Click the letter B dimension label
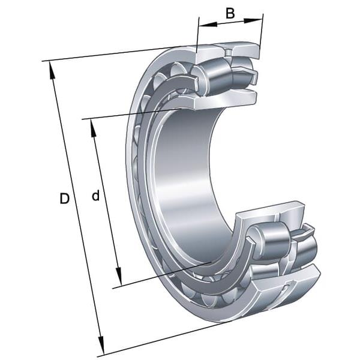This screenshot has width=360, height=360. point(230,13)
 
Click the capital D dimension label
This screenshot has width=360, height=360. point(65,199)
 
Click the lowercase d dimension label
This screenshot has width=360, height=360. point(96,196)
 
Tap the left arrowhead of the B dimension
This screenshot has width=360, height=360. point(208,25)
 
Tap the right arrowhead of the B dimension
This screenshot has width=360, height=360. point(253,20)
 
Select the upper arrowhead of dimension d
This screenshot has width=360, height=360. point(93,128)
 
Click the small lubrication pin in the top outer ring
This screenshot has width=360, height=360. point(229,52)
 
